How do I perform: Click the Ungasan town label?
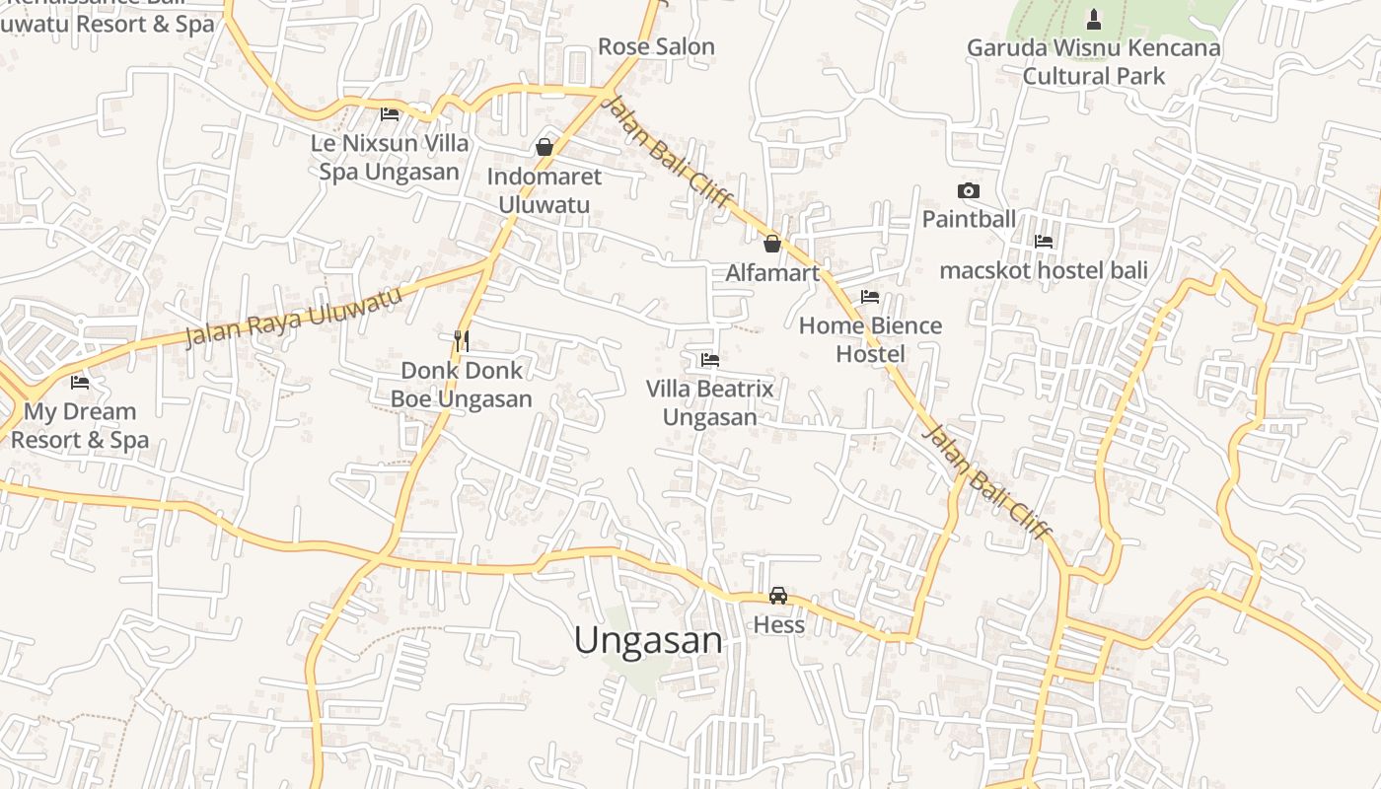(648, 640)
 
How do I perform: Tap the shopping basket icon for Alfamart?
(772, 243)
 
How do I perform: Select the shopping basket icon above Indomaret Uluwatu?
(544, 147)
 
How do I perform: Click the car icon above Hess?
(778, 595)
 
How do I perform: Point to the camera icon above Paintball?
(969, 190)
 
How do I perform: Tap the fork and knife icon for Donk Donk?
(461, 341)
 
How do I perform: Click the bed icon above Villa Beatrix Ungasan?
(709, 360)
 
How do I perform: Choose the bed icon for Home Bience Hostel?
(869, 296)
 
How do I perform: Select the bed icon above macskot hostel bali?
(1044, 241)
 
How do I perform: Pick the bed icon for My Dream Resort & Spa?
(80, 382)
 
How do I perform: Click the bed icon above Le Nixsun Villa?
(390, 113)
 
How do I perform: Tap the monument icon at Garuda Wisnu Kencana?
(1093, 19)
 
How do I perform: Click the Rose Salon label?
(656, 46)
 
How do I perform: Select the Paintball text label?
(969, 219)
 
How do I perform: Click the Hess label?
(779, 624)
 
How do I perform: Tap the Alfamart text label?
(772, 272)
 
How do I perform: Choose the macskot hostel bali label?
(1044, 269)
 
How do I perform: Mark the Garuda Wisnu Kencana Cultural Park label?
(1093, 61)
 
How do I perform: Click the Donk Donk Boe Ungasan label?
(462, 385)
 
